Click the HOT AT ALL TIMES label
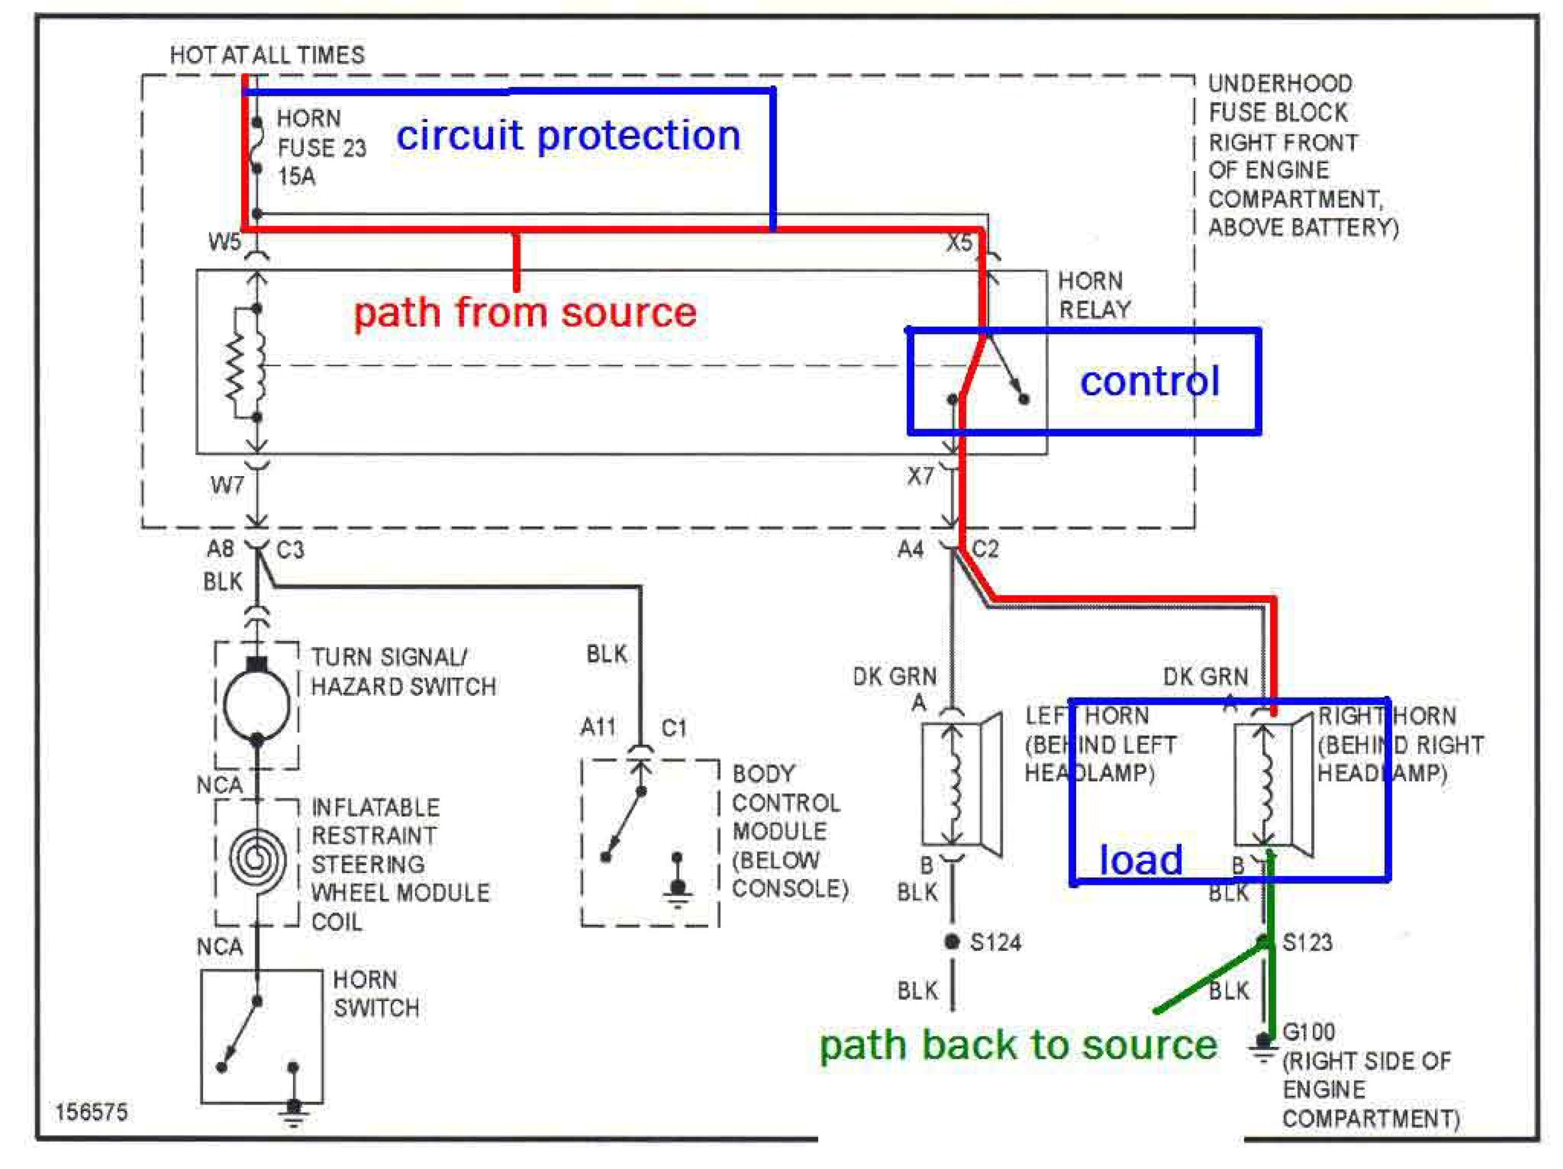pos(267,55)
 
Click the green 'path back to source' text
pos(1018,1044)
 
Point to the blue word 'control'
pos(1150,381)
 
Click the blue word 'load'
pos(1140,860)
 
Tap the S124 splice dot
pos(952,941)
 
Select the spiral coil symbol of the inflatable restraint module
pos(257,860)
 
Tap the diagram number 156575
pos(92,1113)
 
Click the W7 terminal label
pos(227,485)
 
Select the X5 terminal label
pos(959,243)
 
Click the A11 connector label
pos(598,727)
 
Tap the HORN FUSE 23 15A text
pos(321,147)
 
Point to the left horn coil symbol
pos(953,784)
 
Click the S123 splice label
pos(1307,941)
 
